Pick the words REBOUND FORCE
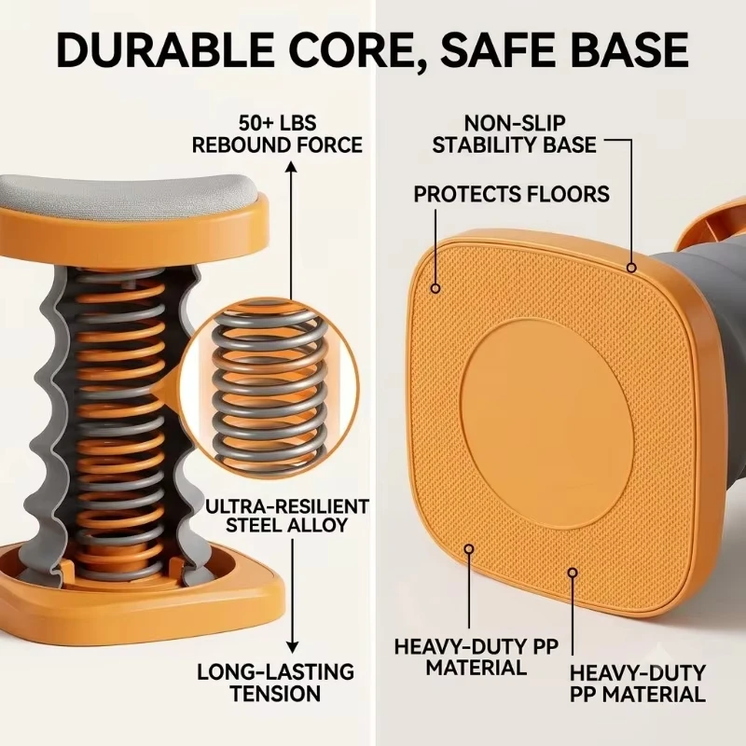[277, 145]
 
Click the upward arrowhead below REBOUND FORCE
[292, 167]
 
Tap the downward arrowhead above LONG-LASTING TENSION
[293, 647]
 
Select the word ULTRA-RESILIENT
[287, 506]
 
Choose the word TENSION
[276, 694]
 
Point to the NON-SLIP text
[515, 123]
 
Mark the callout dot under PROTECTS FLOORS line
[435, 288]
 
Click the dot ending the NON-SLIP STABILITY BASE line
[631, 268]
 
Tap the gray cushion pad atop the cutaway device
[129, 193]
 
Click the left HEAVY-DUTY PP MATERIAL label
[477, 657]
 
